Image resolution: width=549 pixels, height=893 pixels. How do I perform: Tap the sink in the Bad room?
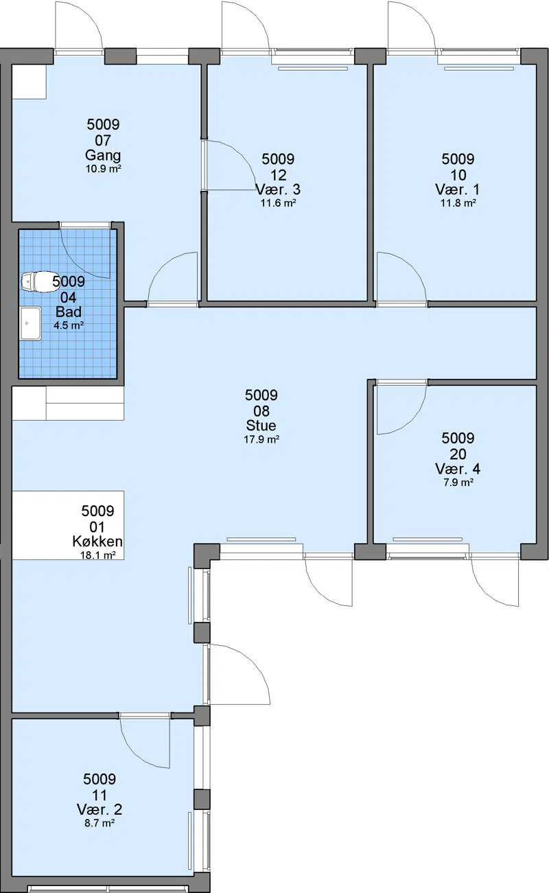click(31, 323)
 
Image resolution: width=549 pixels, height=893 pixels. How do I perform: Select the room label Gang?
click(103, 155)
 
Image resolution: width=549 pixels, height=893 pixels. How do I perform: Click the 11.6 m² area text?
click(279, 203)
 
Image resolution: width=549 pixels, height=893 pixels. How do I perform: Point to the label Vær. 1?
click(458, 189)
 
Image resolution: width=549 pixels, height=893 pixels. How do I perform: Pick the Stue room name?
click(261, 426)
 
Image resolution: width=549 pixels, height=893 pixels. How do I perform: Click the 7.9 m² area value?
click(458, 483)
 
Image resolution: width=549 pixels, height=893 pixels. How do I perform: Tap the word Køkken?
click(97, 542)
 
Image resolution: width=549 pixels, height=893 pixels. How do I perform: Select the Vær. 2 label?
click(100, 810)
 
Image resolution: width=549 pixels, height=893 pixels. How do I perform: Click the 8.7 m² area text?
click(100, 823)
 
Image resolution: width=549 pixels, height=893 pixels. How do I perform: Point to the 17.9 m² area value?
click(261, 440)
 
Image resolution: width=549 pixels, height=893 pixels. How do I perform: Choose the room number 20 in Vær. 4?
click(458, 454)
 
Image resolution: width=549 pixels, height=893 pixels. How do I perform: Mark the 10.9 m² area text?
click(103, 169)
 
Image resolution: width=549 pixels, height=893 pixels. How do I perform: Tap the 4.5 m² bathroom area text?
click(69, 326)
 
